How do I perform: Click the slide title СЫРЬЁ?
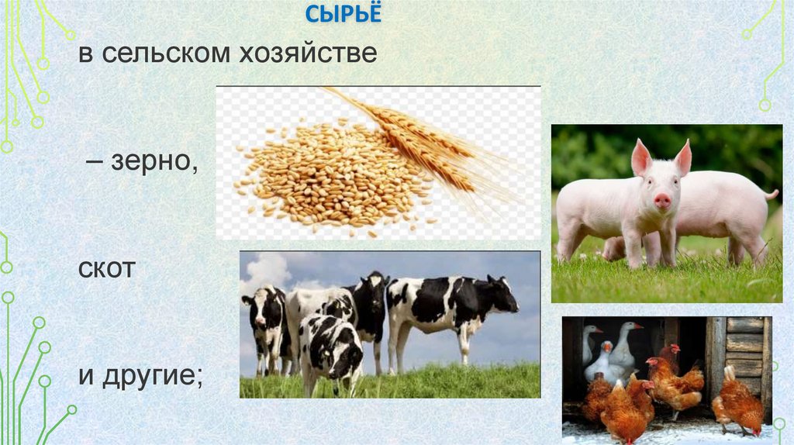tap(342, 14)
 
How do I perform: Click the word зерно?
tap(156, 163)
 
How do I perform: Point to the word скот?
tap(106, 270)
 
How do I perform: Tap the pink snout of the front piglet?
tap(662, 201)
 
